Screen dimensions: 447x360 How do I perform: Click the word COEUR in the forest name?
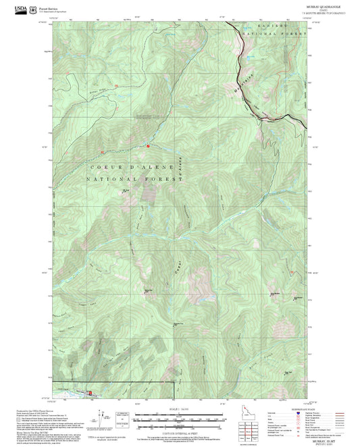(102, 166)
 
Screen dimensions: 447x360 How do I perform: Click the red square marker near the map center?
(149, 147)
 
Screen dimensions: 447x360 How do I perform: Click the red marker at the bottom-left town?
(91, 392)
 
